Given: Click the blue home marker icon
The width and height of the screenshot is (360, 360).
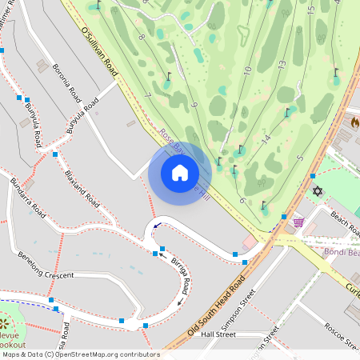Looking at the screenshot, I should click(x=180, y=172).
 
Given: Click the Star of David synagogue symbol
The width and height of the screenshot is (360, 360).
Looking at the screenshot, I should click(x=317, y=192).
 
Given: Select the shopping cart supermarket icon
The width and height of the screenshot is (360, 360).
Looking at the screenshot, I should click(x=298, y=222).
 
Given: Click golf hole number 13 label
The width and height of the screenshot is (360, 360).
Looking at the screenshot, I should click(x=282, y=64).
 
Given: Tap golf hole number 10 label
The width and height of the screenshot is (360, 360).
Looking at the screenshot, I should click(x=248, y=70).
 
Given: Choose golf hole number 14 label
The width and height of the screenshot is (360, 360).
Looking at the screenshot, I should click(x=266, y=138).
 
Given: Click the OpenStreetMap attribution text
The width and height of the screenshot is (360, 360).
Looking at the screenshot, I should click(x=80, y=354).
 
